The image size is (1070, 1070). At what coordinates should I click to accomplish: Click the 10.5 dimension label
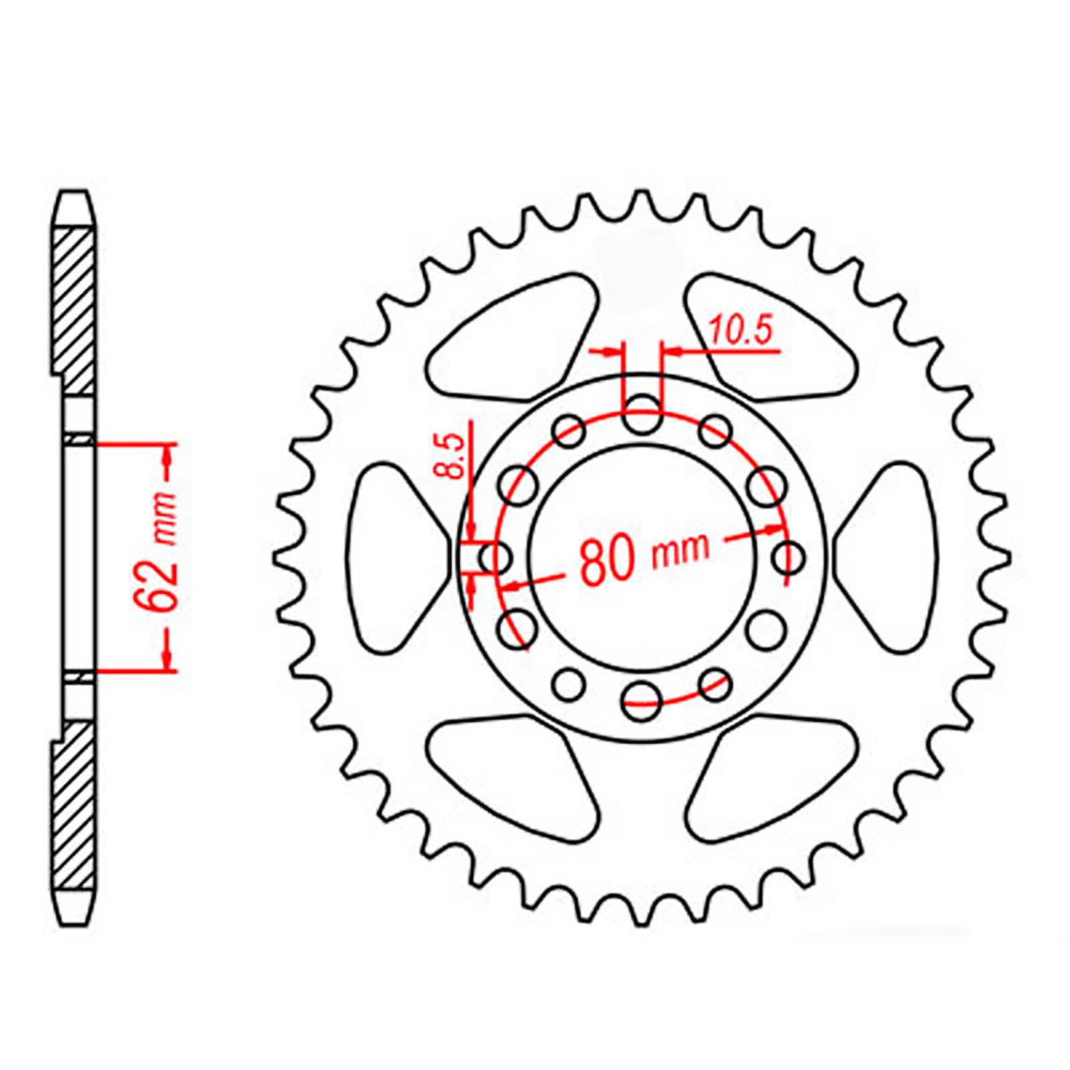740,332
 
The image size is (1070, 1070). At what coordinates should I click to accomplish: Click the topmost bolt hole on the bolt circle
642,413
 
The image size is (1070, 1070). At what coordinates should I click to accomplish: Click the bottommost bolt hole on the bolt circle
642,700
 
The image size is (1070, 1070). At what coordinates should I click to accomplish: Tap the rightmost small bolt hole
788,556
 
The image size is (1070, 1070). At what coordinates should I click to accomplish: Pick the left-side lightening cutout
391,556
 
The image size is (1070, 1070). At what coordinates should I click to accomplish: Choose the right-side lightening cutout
893,556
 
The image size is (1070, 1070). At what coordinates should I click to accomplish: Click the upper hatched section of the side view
73,308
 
